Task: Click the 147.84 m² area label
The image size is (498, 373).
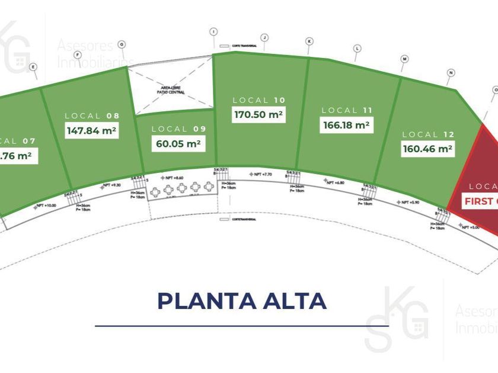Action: (92, 130)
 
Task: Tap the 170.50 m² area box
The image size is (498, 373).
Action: (259, 115)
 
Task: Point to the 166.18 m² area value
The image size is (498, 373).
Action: (347, 125)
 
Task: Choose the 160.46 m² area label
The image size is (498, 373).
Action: (428, 149)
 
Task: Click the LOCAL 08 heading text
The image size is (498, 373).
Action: (92, 116)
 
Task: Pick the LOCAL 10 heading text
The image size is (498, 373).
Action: (259, 101)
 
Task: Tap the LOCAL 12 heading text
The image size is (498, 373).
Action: (428, 134)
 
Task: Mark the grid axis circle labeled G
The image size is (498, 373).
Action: (122, 44)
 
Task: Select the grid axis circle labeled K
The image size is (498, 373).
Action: (309, 41)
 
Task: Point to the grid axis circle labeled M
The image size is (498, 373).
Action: (404, 59)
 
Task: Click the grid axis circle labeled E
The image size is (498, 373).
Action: (33, 67)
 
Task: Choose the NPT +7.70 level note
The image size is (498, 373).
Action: (261, 174)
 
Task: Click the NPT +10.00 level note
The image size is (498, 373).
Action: (47, 205)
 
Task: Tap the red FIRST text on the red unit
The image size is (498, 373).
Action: (478, 201)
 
